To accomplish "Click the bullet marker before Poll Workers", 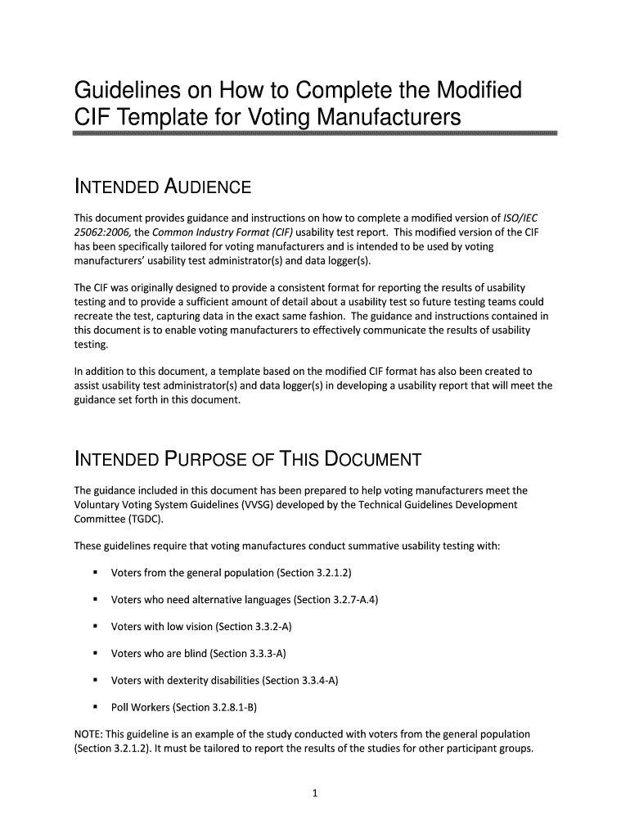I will pos(96,707).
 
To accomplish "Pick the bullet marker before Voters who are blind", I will pos(96,653).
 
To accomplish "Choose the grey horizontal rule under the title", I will pos(315,133).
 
